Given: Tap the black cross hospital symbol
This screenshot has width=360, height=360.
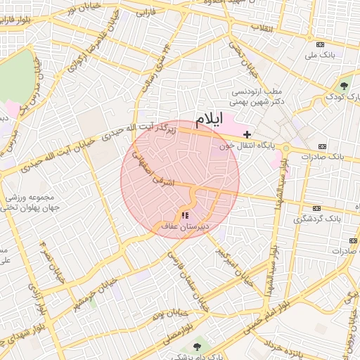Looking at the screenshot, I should (247, 134).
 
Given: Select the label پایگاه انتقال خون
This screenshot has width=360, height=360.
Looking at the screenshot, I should (250, 146).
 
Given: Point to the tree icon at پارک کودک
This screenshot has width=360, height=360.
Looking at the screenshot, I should (343, 86).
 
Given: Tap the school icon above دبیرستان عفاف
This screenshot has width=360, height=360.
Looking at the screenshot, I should (184, 216).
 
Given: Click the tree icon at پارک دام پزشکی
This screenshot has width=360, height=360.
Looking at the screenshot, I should (195, 347).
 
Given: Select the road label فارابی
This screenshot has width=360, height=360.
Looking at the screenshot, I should (146, 12).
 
